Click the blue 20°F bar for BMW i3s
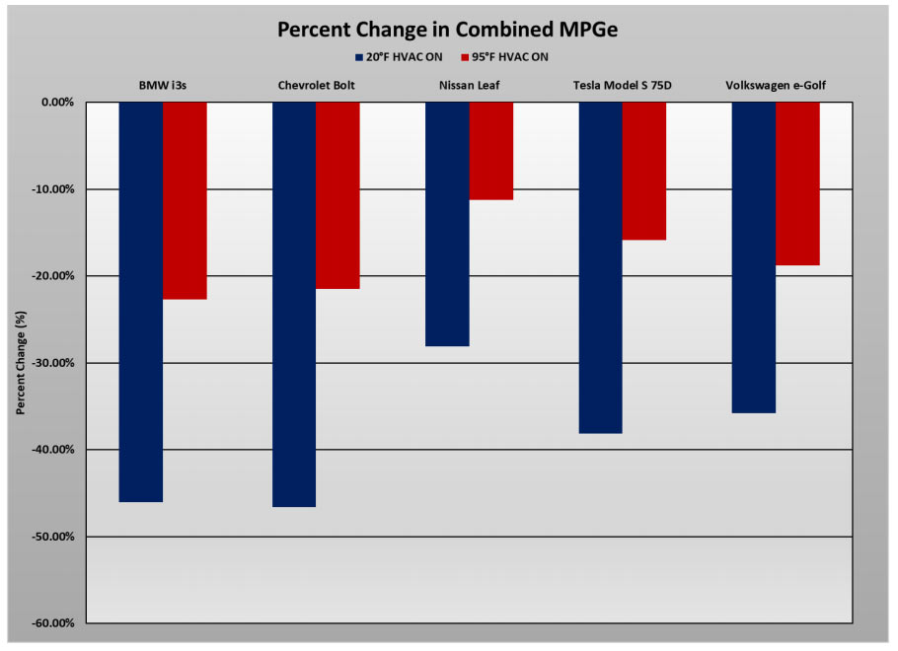click(x=141, y=302)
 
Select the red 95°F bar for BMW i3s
click(x=185, y=200)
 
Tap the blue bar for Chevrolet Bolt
click(x=294, y=304)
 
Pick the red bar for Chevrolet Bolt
click(x=337, y=195)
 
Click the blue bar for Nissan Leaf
click(x=447, y=224)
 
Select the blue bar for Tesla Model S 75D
click(x=600, y=267)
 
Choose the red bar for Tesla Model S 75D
click(x=643, y=171)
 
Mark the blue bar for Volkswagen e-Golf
click(x=753, y=257)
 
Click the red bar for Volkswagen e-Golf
click(x=797, y=183)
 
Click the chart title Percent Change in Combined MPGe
click(x=449, y=29)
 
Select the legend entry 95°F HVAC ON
click(x=504, y=57)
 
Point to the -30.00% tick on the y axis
click(x=53, y=363)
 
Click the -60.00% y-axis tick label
click(x=53, y=623)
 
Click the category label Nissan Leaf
click(x=469, y=86)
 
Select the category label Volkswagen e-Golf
click(x=776, y=86)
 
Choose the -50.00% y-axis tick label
click(x=53, y=537)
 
